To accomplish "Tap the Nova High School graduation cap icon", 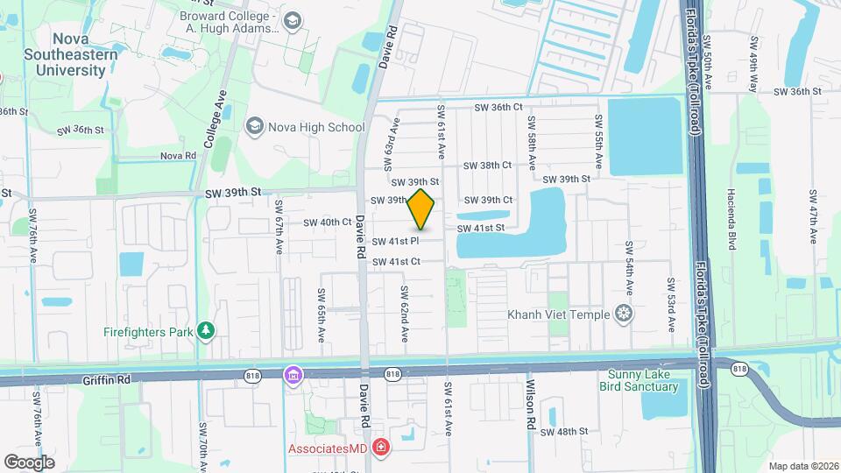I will pyautogui.click(x=255, y=127).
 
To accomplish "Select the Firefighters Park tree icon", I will pyautogui.click(x=206, y=330).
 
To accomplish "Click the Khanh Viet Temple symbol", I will pyautogui.click(x=623, y=314).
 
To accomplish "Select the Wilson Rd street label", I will pyautogui.click(x=530, y=403).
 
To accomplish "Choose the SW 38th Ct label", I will pyautogui.click(x=487, y=166).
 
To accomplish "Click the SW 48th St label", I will pyautogui.click(x=562, y=432).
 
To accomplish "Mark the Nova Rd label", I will pyautogui.click(x=177, y=156).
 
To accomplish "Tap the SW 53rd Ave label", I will pyautogui.click(x=670, y=305).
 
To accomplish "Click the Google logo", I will pyautogui.click(x=29, y=462).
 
